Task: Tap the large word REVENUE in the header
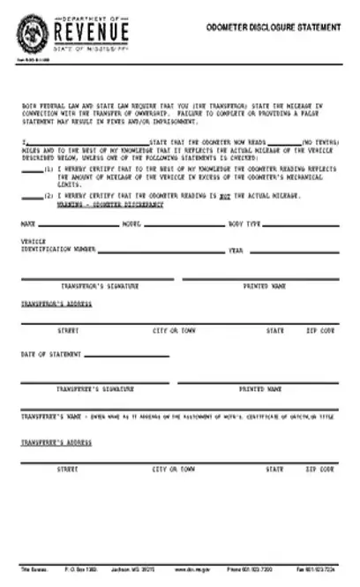click(x=91, y=34)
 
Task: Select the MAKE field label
click(x=28, y=224)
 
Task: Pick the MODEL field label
click(x=131, y=224)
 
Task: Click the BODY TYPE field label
click(x=244, y=224)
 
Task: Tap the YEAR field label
click(x=236, y=251)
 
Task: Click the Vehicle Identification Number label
click(x=58, y=246)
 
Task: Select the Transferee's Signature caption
click(x=95, y=388)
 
